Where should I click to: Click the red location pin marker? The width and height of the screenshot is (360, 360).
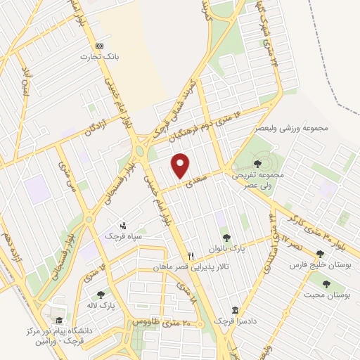(x=181, y=166)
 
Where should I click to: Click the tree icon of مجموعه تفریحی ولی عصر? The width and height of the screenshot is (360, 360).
(x=255, y=164)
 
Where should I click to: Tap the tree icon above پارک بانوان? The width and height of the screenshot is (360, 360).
(x=226, y=238)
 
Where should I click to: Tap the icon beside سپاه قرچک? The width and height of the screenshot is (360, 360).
(x=124, y=226)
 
